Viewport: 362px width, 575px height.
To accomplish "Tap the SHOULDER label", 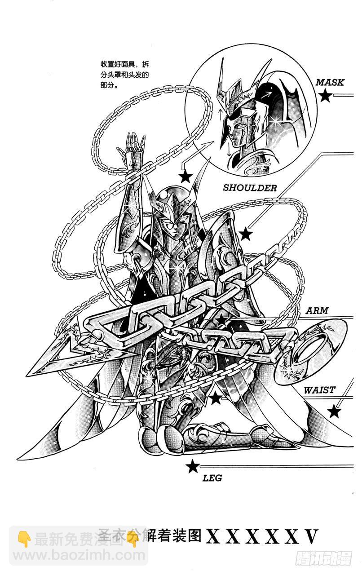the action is [x=250, y=188].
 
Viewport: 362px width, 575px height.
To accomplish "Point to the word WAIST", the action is [x=319, y=390].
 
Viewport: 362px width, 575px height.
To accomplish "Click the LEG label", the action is [x=212, y=478].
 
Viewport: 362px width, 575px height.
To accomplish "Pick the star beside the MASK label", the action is [x=325, y=95].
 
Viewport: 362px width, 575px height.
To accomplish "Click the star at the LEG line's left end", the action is [x=193, y=467].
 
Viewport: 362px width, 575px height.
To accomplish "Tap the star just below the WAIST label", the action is [x=334, y=411].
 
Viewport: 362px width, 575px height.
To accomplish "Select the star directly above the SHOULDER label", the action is [x=185, y=177].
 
